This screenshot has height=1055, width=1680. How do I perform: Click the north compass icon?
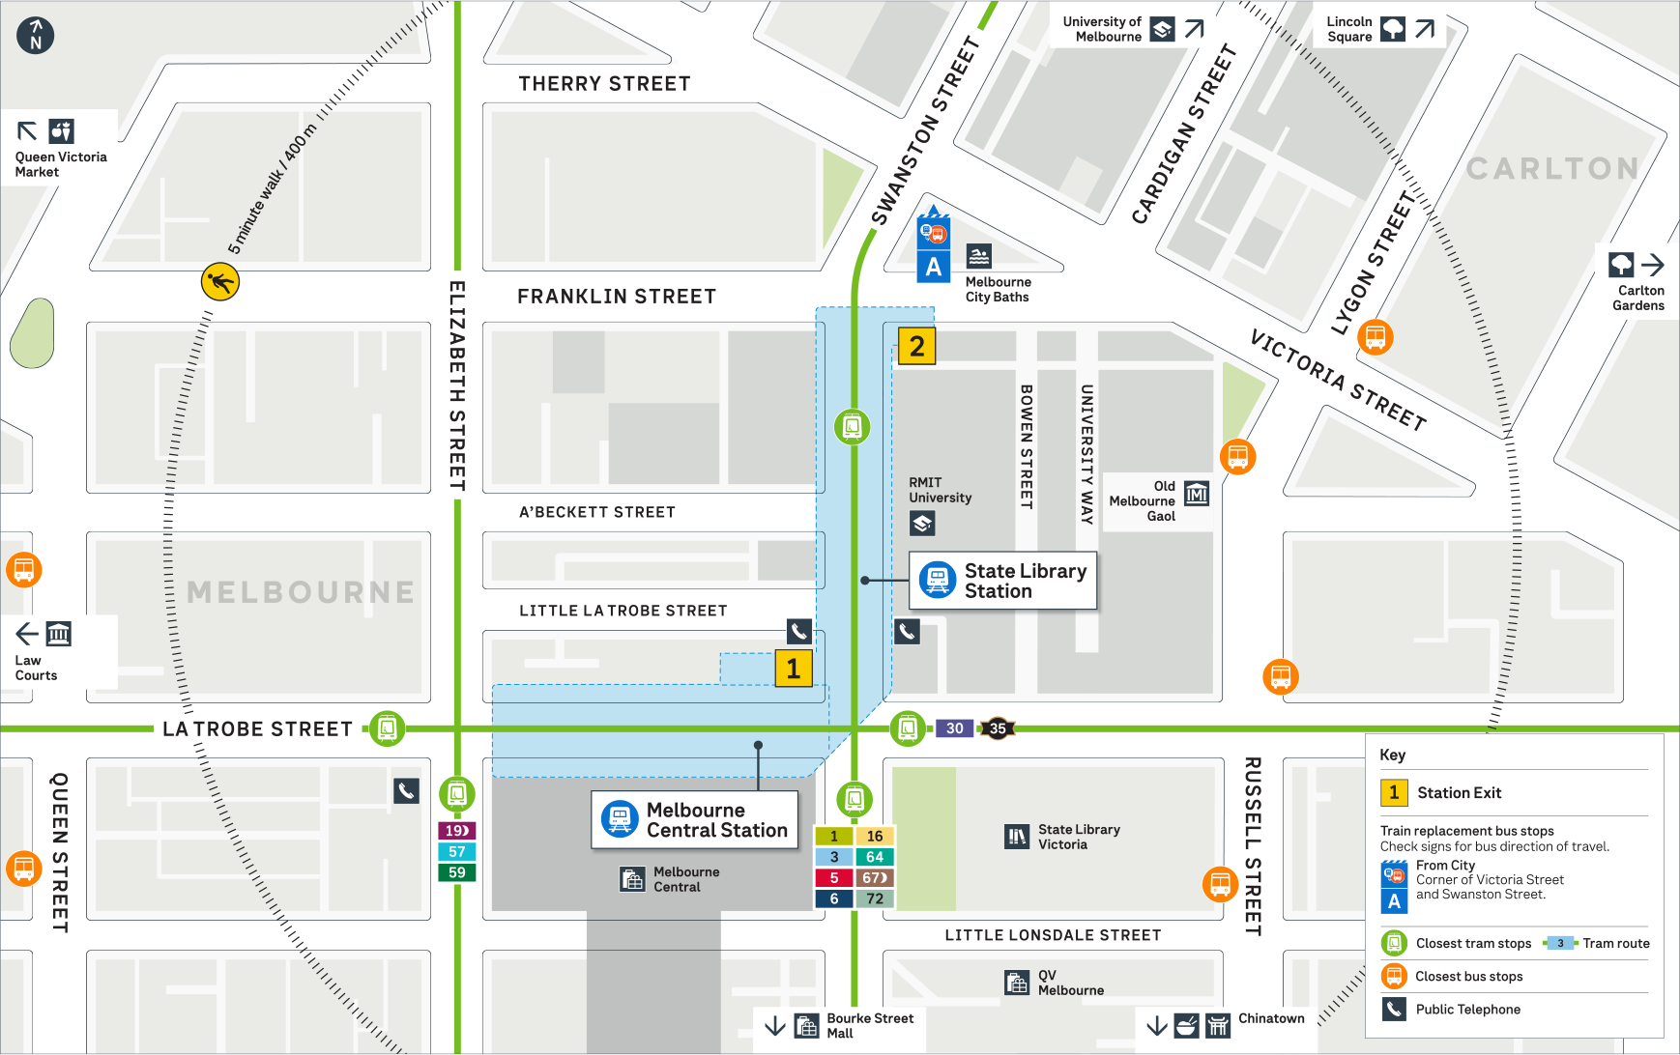[x=36, y=36]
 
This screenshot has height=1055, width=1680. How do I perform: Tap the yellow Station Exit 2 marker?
[x=916, y=346]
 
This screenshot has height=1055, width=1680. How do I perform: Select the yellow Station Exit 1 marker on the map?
[x=793, y=669]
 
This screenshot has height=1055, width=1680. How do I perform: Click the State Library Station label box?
[x=1002, y=581]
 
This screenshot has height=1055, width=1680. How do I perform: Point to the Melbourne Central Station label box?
[x=695, y=820]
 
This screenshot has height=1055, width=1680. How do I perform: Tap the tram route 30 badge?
[x=954, y=728]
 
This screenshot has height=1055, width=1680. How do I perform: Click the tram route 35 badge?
[x=998, y=728]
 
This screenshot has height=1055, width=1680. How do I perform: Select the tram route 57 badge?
[x=457, y=851]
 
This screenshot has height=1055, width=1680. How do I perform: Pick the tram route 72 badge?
[x=875, y=898]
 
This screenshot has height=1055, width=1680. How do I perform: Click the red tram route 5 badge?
[x=834, y=878]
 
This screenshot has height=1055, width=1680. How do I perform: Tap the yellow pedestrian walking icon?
[x=220, y=282]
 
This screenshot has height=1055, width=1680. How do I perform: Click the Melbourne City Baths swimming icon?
[x=979, y=256]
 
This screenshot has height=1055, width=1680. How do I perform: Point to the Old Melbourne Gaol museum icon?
[x=1197, y=494]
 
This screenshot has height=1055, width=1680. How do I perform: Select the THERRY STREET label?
[x=604, y=84]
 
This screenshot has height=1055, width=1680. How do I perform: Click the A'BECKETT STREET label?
[x=596, y=512]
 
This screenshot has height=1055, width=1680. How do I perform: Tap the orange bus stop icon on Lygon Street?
[x=1375, y=337]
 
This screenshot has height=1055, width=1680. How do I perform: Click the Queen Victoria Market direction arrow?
[x=27, y=130]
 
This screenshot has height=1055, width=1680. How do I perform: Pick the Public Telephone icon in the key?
[x=1393, y=1009]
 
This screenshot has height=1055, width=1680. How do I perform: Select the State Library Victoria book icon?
[x=1017, y=837]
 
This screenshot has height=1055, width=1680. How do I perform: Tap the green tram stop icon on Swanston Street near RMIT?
[x=852, y=426]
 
